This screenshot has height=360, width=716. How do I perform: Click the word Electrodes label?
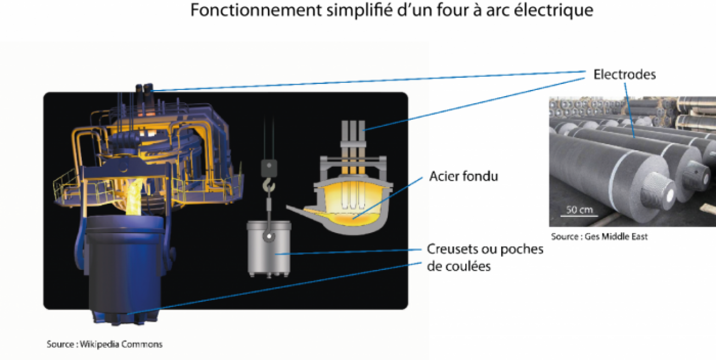(625, 75)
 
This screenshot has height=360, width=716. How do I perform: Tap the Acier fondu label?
(463, 176)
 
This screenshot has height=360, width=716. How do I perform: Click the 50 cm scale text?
(579, 210)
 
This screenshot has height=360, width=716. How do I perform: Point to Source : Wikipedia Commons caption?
(104, 344)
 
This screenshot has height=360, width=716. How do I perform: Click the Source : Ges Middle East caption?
(600, 237)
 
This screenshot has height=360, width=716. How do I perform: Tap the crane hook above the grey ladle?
(269, 185)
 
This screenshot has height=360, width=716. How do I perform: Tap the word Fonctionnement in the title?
(256, 10)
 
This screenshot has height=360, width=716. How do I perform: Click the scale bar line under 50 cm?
(579, 216)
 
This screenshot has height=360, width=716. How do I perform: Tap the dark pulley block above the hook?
(269, 168)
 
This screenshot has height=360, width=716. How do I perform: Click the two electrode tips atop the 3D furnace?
(144, 88)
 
